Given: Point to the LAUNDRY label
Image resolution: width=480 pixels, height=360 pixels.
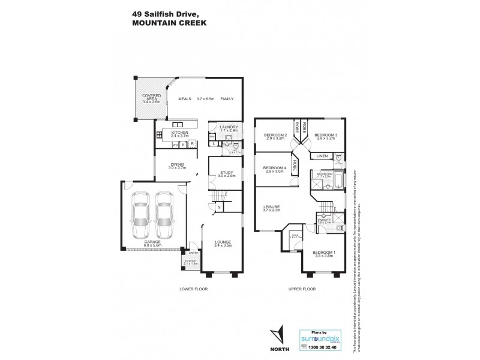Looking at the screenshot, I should [229, 127].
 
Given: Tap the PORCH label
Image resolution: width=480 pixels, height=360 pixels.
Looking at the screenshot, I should [191, 262].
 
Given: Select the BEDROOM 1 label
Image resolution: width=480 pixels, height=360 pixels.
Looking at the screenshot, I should [323, 253].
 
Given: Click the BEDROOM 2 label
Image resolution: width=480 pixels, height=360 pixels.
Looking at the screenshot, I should [275, 135].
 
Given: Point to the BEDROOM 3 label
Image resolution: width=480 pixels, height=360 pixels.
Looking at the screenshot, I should [327, 135].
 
